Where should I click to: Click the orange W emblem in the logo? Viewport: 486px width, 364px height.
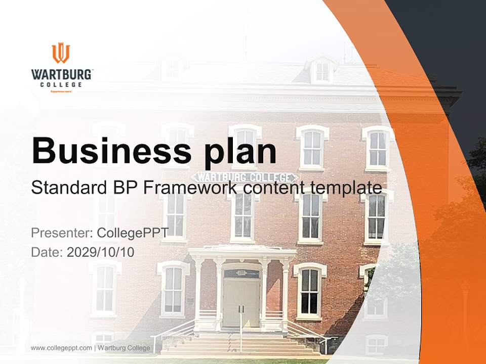point(61,53)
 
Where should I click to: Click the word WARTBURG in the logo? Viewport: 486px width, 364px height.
point(62,74)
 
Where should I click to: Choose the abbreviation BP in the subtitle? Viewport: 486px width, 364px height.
point(124,188)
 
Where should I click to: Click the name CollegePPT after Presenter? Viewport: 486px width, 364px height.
point(133,233)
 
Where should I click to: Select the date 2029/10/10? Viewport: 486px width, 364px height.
point(100,252)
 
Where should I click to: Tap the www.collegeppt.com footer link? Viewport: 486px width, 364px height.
point(61,348)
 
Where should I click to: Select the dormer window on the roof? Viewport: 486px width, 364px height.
point(322,71)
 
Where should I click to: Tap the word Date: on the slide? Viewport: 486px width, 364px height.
point(47,252)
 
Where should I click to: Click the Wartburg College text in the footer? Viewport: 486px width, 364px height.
point(124,348)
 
